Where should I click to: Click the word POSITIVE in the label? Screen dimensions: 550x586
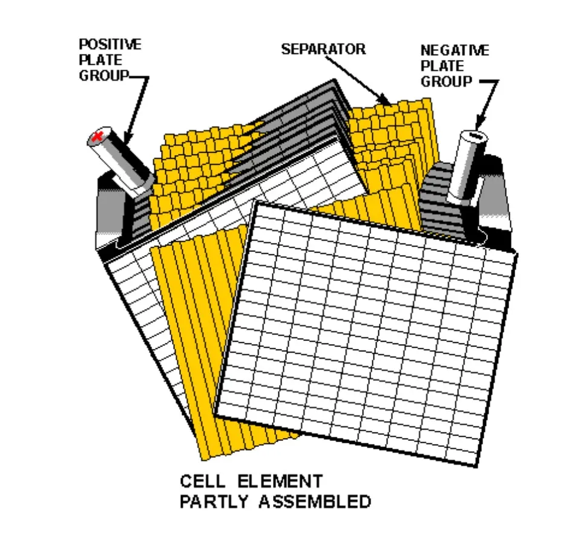[110, 44]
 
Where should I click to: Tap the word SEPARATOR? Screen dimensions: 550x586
[323, 49]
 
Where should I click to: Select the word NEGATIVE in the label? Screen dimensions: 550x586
[454, 50]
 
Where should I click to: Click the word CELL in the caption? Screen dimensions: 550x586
[203, 482]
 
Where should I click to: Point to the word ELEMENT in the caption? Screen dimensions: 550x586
[280, 482]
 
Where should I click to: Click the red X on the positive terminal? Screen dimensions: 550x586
[96, 137]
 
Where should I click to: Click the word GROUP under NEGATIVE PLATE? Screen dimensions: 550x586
[446, 82]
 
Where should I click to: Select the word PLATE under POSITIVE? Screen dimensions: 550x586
[100, 60]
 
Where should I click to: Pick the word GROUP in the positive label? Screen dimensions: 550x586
[104, 76]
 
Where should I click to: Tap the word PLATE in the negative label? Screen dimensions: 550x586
[442, 66]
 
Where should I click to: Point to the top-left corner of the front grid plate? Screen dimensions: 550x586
[257, 204]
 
